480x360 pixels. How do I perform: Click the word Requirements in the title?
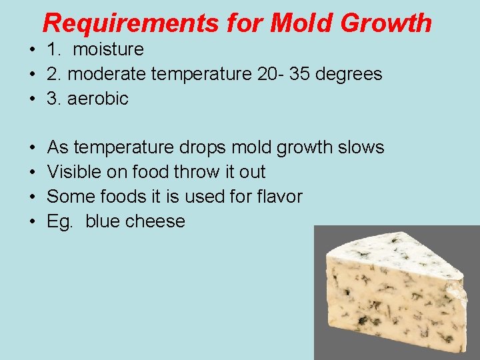point(130,23)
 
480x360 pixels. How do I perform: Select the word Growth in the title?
point(386,23)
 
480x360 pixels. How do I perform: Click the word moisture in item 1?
point(108,49)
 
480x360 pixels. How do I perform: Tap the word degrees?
point(349,74)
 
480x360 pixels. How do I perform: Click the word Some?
point(69,197)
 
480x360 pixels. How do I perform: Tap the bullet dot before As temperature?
point(32,147)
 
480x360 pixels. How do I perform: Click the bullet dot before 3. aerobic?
point(32,99)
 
